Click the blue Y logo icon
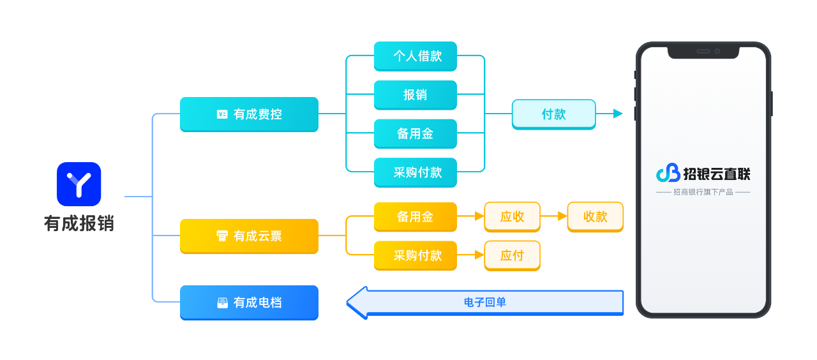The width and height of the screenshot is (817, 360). (79, 184)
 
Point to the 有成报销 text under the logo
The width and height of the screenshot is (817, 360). (79, 223)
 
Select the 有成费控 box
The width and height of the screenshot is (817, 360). (249, 114)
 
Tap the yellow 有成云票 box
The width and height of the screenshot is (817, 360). (249, 236)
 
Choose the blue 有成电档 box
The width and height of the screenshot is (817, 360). (249, 303)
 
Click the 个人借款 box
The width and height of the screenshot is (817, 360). (415, 56)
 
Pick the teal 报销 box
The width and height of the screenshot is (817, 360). (415, 95)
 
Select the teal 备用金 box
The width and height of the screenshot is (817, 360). (415, 133)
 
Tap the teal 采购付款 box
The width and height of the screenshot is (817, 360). (415, 172)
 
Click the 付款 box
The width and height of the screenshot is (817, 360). (553, 114)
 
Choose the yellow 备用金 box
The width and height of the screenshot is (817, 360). (415, 216)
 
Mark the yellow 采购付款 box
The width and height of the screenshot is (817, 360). (415, 255)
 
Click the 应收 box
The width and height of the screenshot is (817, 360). (512, 216)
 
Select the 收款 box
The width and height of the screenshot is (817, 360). (595, 216)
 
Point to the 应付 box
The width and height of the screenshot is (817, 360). (512, 255)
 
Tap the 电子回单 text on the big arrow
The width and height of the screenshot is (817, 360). (485, 303)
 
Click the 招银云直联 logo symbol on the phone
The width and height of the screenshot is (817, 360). (668, 173)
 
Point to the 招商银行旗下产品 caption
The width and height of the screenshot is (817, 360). (703, 192)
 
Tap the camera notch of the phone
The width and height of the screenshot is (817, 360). (704, 51)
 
